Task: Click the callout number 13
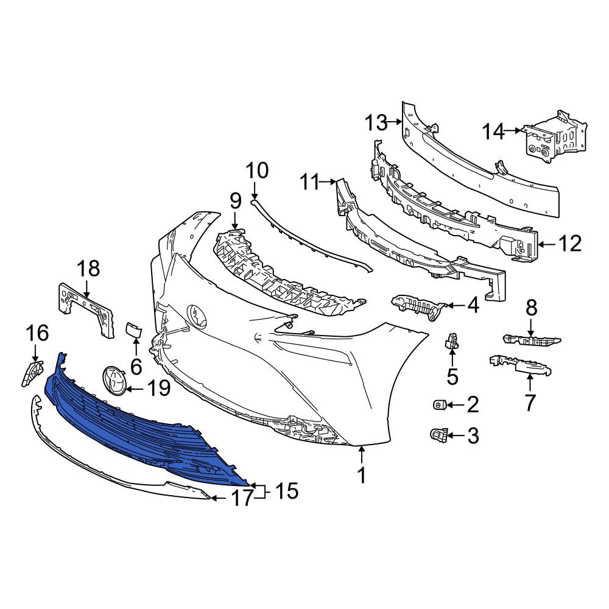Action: pyautogui.click(x=376, y=123)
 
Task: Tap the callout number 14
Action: pyautogui.click(x=494, y=132)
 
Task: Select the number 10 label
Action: pyautogui.click(x=257, y=171)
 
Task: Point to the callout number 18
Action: pyautogui.click(x=88, y=269)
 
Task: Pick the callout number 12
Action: pyautogui.click(x=570, y=244)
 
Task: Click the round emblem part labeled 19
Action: pyautogui.click(x=114, y=382)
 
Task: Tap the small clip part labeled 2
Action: pyautogui.click(x=438, y=404)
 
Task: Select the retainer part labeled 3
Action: pyautogui.click(x=439, y=435)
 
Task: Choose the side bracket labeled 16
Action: pyautogui.click(x=32, y=373)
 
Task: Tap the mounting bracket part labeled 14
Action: pyautogui.click(x=555, y=138)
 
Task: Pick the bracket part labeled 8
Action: pyautogui.click(x=531, y=340)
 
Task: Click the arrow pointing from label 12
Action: pyautogui.click(x=548, y=244)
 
